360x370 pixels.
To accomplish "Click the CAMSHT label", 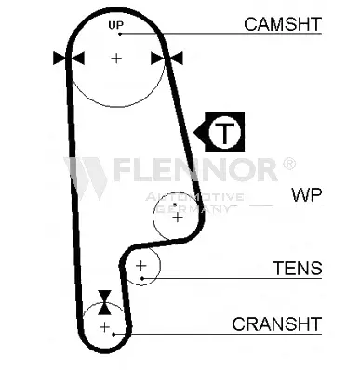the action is coord(283,24).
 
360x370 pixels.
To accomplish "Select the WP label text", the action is coord(307,195).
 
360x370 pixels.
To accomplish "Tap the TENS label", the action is coord(297,268).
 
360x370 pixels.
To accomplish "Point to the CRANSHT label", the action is coord(276,324).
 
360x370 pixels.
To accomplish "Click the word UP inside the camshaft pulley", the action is coord(116,25).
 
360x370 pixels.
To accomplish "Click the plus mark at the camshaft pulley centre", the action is coord(116,58).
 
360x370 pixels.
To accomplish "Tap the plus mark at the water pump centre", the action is coord(178,218).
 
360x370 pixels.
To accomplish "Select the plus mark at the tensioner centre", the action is coord(141,266).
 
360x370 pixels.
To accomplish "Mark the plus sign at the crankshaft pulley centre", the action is coord(105,327).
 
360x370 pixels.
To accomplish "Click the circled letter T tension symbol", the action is coord(225,132).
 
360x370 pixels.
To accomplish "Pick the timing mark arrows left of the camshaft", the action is coord(69,59).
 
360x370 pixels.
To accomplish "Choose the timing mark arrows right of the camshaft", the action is coord(167,59).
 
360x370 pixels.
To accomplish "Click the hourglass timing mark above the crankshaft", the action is coord(104,302).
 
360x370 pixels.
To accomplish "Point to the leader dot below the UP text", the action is coord(120,34).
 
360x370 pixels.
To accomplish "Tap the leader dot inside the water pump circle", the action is coord(175,205).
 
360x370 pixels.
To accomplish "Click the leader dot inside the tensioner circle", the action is coord(142,278).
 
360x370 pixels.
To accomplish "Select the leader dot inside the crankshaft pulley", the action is coord(113,334).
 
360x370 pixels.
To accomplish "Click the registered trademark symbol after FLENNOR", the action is coord(289,164).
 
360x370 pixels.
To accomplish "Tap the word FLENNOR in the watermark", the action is coord(194,169).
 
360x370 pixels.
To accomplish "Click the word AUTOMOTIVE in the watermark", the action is coord(194,197).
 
